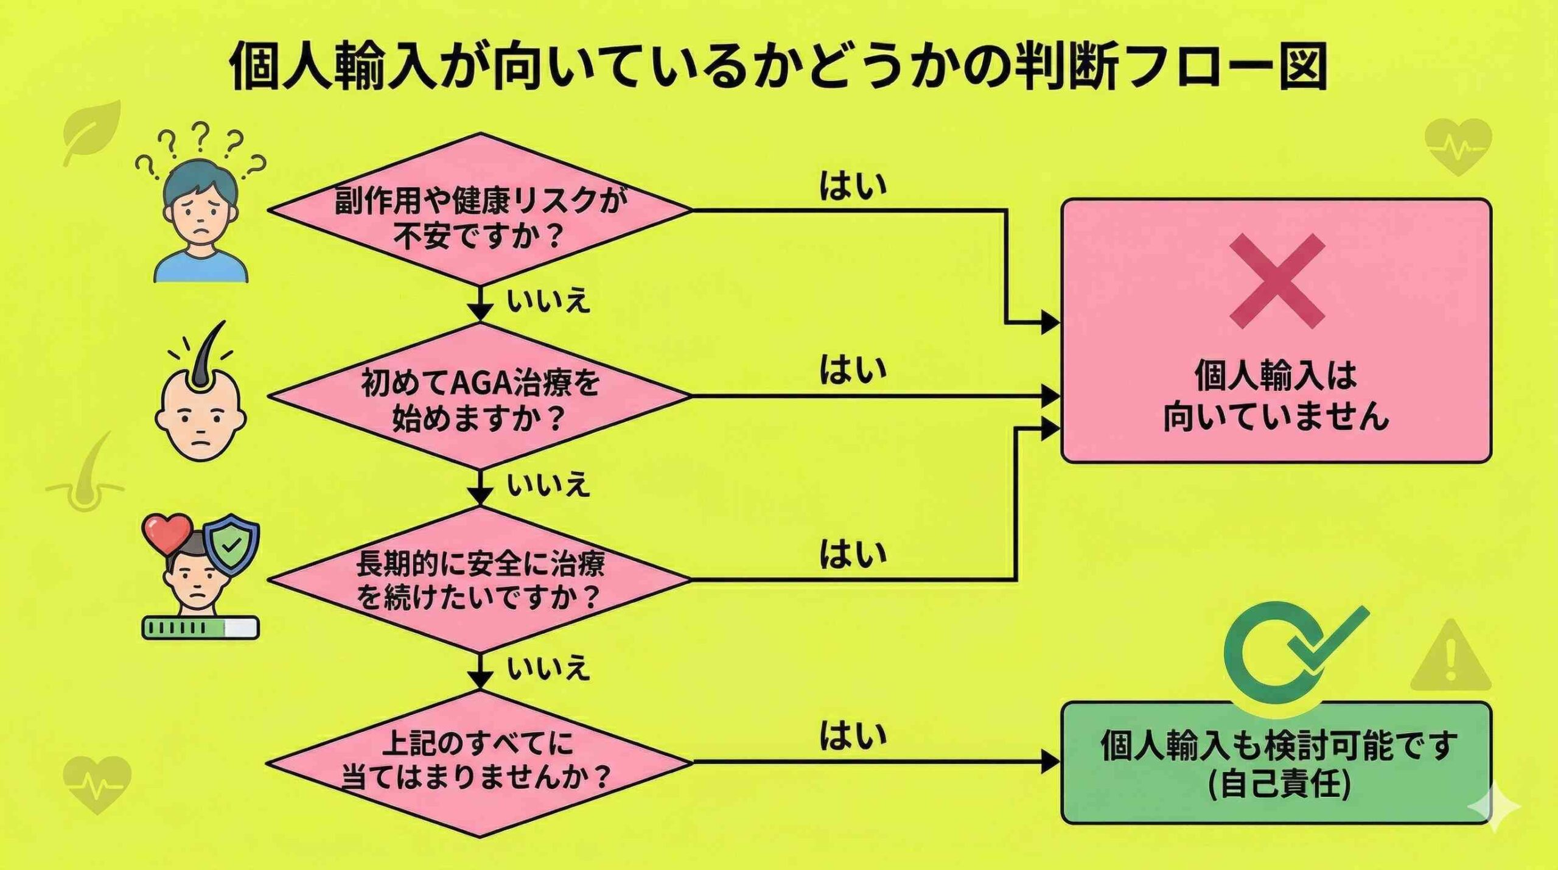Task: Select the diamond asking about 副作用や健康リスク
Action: (480, 210)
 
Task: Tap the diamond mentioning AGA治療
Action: (480, 397)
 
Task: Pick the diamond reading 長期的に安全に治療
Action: (480, 580)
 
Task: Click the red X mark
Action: (1277, 281)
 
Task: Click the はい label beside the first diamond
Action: (852, 186)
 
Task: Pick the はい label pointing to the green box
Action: (852, 735)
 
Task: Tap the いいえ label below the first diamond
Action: (548, 301)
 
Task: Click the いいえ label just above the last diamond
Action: (548, 668)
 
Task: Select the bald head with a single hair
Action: (201, 405)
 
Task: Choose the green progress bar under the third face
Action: (200, 628)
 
